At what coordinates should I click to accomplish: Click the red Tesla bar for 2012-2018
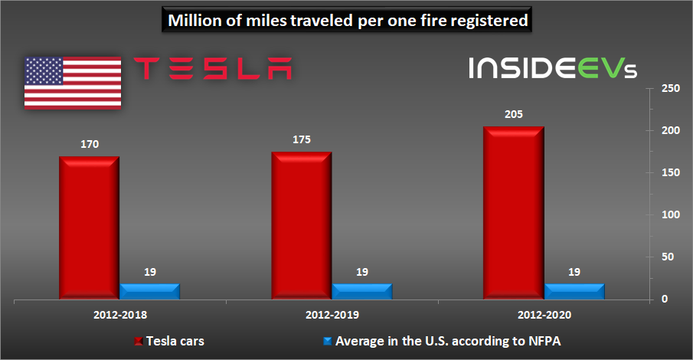click(90, 227)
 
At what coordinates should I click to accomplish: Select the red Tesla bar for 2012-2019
click(302, 225)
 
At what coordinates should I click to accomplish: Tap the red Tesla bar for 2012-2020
click(514, 213)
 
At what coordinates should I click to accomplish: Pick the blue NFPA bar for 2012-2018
click(150, 292)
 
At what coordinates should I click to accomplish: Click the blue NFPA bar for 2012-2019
click(362, 292)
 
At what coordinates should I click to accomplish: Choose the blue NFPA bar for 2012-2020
click(574, 292)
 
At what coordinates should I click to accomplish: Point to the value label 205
click(514, 115)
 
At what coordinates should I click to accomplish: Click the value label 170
click(90, 144)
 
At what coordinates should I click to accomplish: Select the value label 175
click(302, 139)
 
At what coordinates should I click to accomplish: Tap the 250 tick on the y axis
click(671, 88)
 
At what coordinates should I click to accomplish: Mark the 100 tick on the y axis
click(671, 215)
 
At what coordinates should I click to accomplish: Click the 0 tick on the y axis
click(664, 299)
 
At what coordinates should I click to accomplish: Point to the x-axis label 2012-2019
click(332, 315)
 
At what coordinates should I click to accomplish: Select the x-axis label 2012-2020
click(544, 315)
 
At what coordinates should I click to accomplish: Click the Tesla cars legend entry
click(169, 341)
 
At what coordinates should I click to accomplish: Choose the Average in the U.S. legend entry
click(442, 341)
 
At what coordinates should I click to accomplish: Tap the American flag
click(73, 83)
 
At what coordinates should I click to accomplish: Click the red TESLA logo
click(213, 68)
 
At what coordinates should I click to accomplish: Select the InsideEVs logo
click(553, 67)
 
